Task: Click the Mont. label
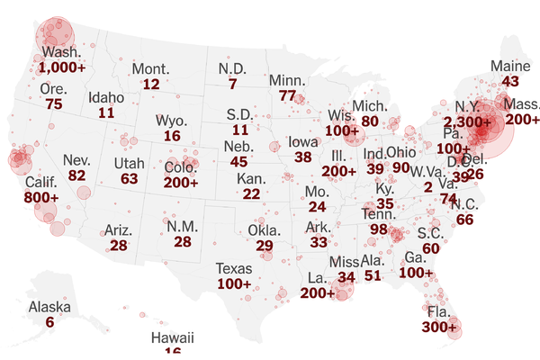[151, 69]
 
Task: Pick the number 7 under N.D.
[232, 85]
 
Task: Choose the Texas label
[234, 268]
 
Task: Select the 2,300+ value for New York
[469, 121]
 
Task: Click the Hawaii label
[172, 337]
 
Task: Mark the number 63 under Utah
[129, 178]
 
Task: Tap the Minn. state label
[287, 80]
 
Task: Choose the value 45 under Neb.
[238, 161]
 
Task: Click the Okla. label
[265, 229]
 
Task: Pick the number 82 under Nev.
[76, 175]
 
